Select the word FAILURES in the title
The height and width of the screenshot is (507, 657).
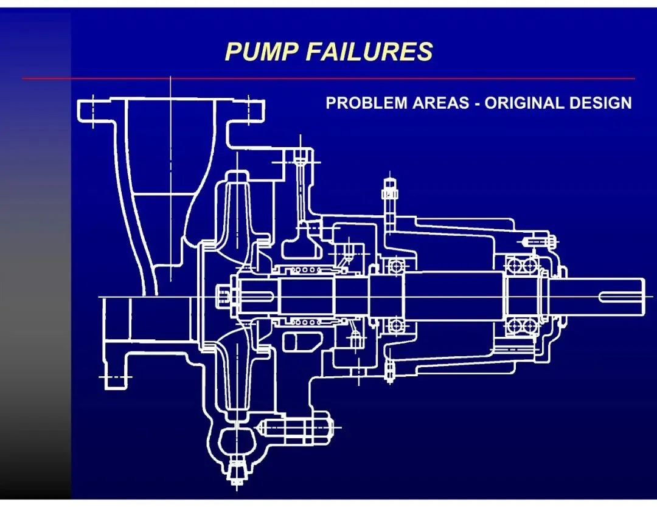(369, 52)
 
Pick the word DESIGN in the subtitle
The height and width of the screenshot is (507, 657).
(600, 103)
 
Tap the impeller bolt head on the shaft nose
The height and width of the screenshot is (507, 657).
(223, 297)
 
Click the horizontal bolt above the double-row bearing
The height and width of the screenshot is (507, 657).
(538, 241)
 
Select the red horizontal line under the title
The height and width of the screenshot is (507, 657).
(328, 78)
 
